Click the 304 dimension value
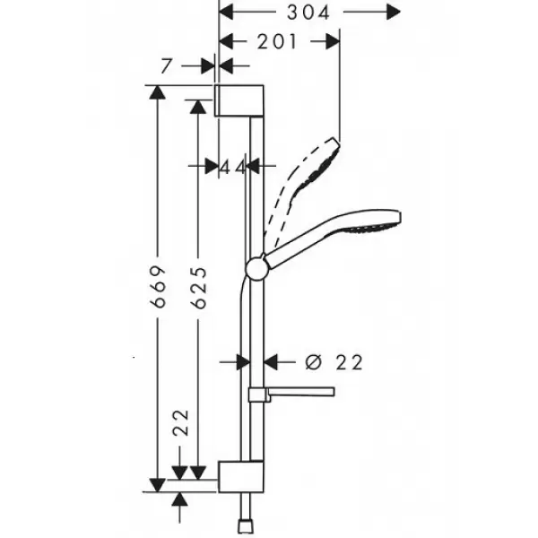pos(308,13)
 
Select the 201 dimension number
pos(276,42)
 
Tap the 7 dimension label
pos(166,66)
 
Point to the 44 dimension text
pos(232,168)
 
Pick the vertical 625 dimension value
pos(199,287)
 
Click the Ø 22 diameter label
pos(334,362)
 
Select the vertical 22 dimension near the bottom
pos(180,422)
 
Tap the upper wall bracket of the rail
pos(239,100)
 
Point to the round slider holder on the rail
pos(256,267)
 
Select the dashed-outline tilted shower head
pos(302,191)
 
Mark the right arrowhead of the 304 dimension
pos(394,13)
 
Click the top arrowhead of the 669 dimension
pos(158,92)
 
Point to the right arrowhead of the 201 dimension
pos(333,41)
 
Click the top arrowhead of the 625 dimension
pos(197,107)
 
